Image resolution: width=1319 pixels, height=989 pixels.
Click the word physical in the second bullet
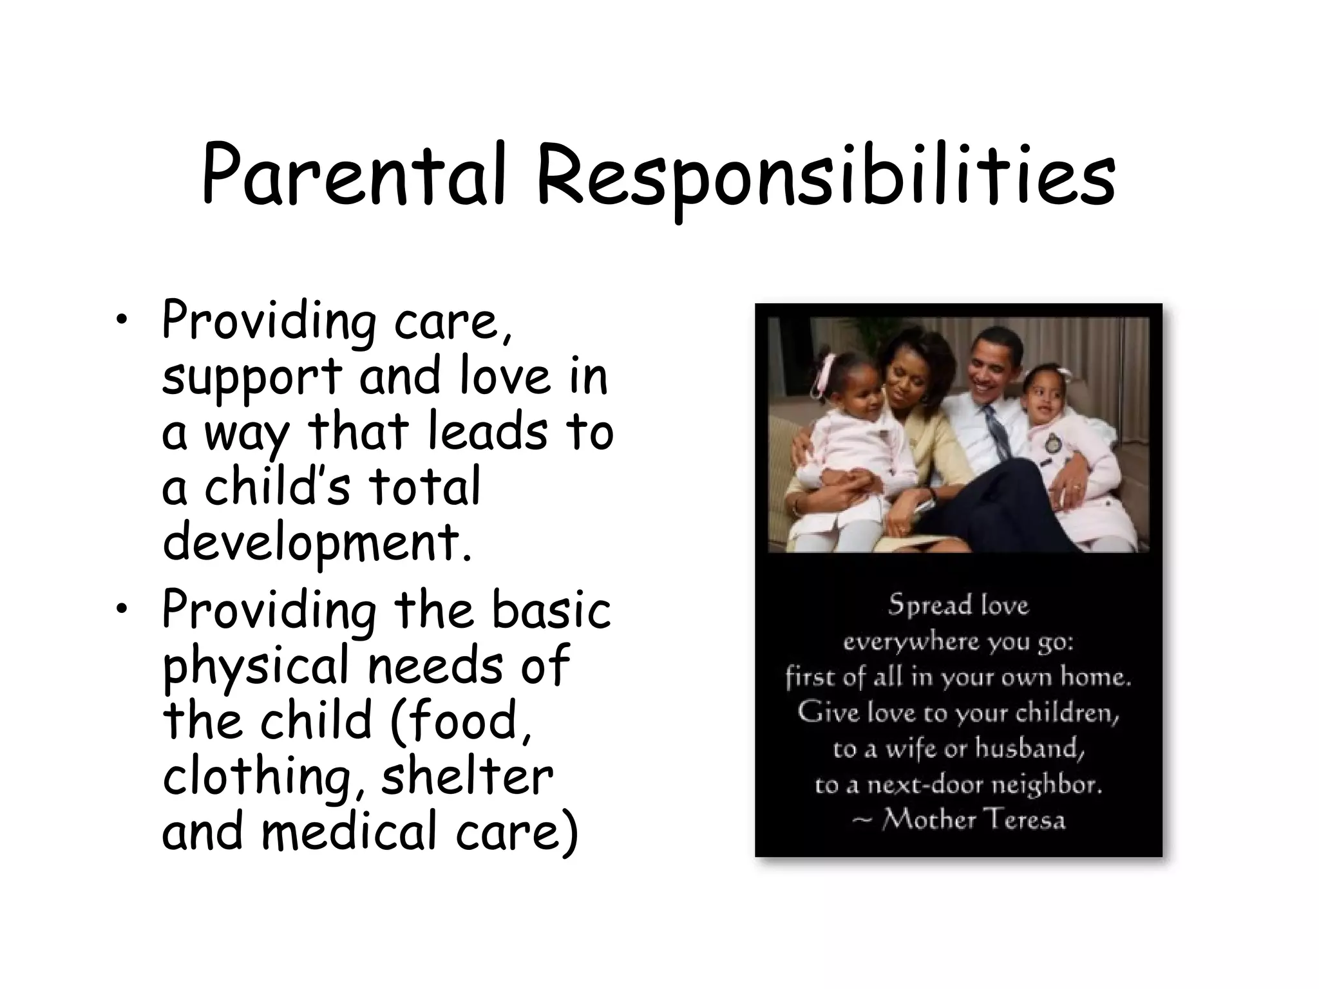[x=255, y=667]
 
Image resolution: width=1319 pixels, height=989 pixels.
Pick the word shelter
[x=467, y=777]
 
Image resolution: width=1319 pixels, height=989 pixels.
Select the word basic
[x=551, y=610]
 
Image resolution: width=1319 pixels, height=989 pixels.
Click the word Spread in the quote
[x=921, y=605]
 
